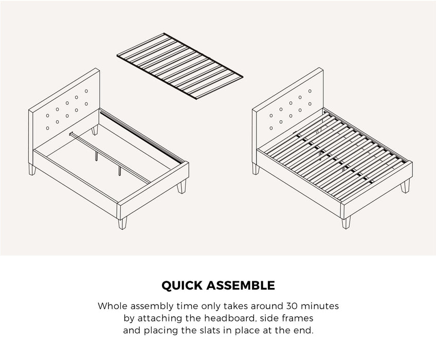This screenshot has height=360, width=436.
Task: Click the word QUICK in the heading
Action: pos(184,285)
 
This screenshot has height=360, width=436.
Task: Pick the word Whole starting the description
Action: pos(112,307)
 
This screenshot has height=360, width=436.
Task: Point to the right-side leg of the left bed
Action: pos(182,187)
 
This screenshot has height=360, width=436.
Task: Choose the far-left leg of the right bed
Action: pos(256,169)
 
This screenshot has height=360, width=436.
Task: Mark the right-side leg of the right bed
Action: pos(406,186)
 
